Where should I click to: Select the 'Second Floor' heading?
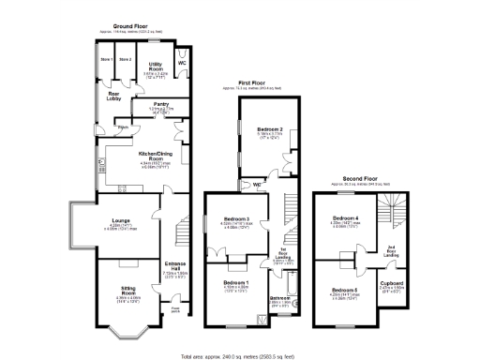pos(360,178)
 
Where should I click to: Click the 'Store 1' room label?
pos(107,61)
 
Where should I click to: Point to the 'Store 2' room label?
pos(126,61)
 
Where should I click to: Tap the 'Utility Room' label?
pos(157,66)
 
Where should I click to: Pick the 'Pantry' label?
pos(161,104)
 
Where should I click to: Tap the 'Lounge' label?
pos(122,221)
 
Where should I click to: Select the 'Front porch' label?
pos(174,308)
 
